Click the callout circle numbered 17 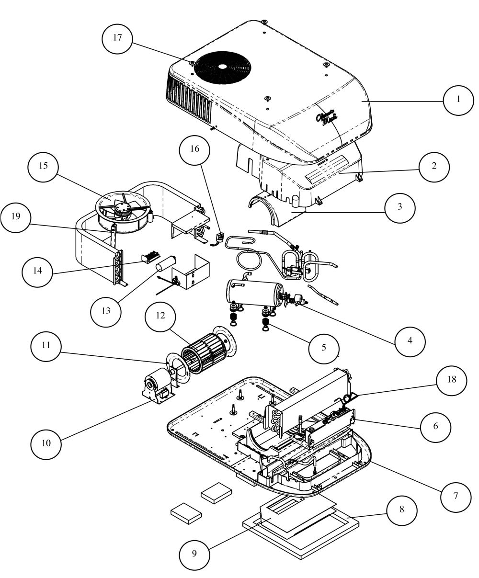coord(118,38)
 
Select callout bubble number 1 coord(458,99)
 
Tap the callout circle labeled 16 coord(194,148)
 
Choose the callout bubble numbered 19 coord(16,216)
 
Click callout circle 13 coord(106,310)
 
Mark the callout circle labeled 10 coord(46,443)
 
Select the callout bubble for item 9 coord(194,554)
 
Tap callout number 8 coord(401,510)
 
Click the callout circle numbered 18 coord(451,379)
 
